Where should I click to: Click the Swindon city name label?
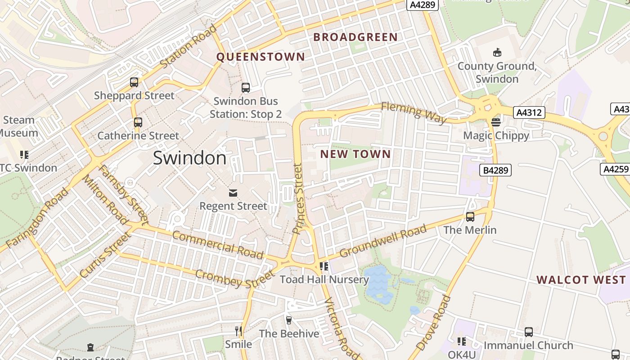pyautogui.click(x=189, y=158)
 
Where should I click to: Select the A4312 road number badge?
pyautogui.click(x=529, y=112)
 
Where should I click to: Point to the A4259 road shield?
pyautogui.click(x=615, y=169)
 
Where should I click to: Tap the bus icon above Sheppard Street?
pyautogui.click(x=134, y=82)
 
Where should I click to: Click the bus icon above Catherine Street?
pyautogui.click(x=138, y=122)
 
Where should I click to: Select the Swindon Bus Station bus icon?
pyautogui.click(x=246, y=88)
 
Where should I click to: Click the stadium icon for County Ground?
pyautogui.click(x=497, y=53)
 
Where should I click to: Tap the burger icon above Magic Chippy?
pyautogui.click(x=496, y=122)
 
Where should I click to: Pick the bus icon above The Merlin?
pyautogui.click(x=470, y=217)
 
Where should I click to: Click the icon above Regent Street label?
pyautogui.click(x=233, y=193)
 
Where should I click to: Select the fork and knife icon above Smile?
pyautogui.click(x=238, y=331)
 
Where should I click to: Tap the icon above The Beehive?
pyautogui.click(x=289, y=320)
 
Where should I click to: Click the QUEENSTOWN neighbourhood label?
pyautogui.click(x=261, y=57)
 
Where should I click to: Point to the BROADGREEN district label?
pyautogui.click(x=355, y=37)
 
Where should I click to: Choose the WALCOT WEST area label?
pyautogui.click(x=581, y=280)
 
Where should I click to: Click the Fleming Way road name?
pyautogui.click(x=414, y=112)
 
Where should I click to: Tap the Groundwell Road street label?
pyautogui.click(x=383, y=242)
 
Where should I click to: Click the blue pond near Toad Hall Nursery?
pyautogui.click(x=377, y=283)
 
